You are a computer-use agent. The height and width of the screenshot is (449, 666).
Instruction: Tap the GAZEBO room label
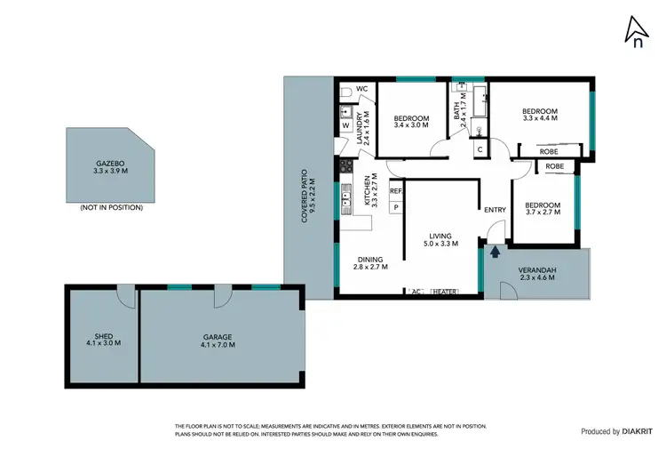pos(109,164)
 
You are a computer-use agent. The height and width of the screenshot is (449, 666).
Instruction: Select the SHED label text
pos(101,337)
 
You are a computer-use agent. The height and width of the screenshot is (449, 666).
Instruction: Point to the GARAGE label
pos(217,337)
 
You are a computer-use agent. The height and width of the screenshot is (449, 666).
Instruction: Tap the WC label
pos(361,89)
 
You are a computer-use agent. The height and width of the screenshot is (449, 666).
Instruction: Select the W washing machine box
pos(345,126)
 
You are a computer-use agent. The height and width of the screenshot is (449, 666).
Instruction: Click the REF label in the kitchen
pos(395,190)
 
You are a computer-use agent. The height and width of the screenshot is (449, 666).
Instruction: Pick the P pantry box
pos(395,207)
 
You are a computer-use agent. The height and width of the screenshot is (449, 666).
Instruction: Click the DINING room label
pos(370,260)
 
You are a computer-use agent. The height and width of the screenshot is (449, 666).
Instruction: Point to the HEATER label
pos(444,292)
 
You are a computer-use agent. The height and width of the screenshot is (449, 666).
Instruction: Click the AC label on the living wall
pos(415,292)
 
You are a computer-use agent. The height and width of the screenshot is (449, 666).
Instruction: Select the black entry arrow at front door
pos(495,253)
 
